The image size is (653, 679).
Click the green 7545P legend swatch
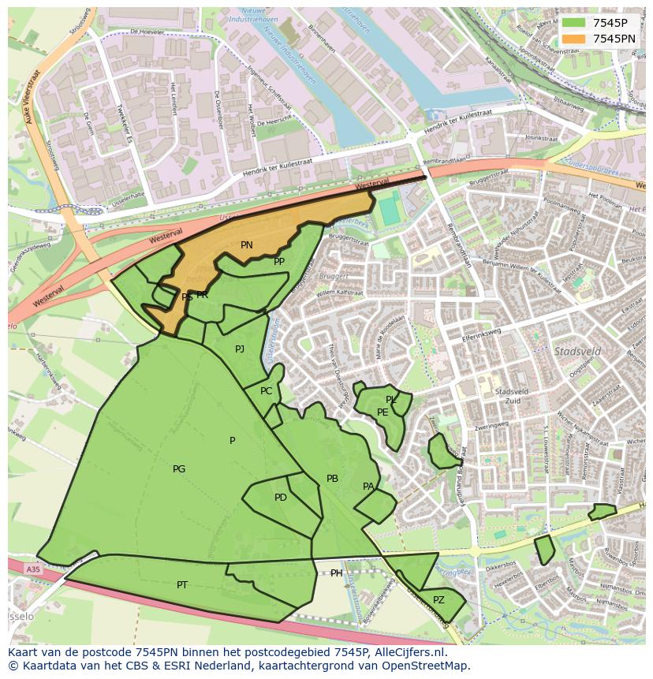[x=573, y=23]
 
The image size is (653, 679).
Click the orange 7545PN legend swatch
[x=573, y=39]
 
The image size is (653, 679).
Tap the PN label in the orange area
[x=247, y=245]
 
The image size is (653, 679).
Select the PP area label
[x=279, y=262]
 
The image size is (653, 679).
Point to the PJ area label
[x=240, y=349]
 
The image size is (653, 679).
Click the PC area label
[x=267, y=391]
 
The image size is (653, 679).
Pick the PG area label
[x=179, y=469]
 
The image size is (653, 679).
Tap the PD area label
[x=281, y=498]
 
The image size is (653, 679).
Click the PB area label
[x=332, y=479]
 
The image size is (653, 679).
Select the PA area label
[x=368, y=487]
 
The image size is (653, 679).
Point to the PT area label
[x=182, y=585]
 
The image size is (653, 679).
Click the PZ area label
[x=439, y=599]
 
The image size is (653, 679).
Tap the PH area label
[x=337, y=573]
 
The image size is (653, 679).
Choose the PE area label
[x=382, y=412]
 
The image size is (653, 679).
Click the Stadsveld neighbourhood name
[x=577, y=351]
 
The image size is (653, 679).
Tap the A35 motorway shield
[x=32, y=569]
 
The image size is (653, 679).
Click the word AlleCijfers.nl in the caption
[x=409, y=652]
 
